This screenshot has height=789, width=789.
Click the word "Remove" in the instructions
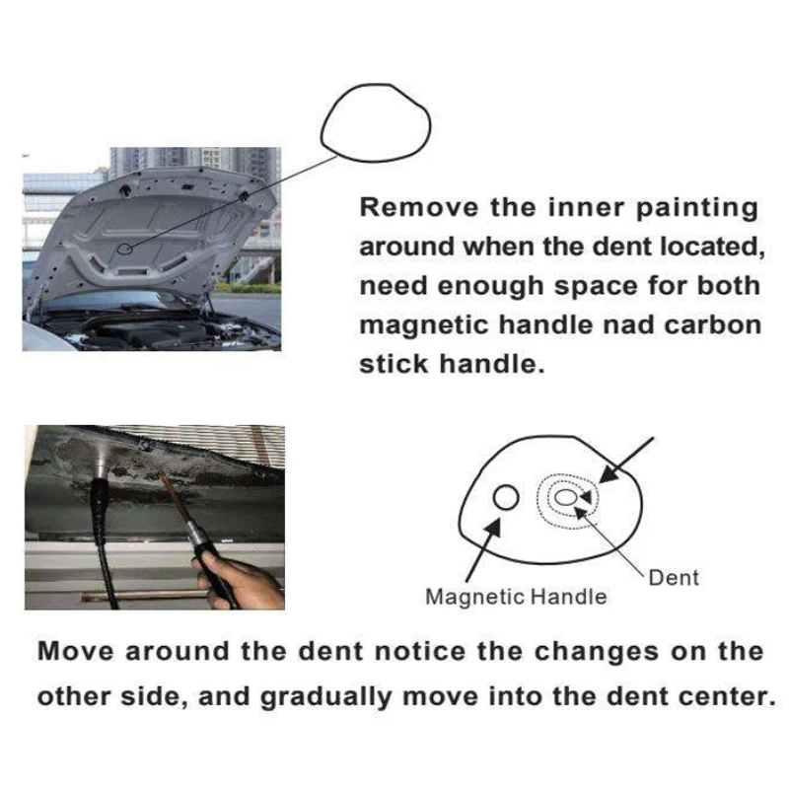(419, 207)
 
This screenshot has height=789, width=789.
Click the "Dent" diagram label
(674, 578)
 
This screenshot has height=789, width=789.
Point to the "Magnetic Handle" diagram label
(516, 598)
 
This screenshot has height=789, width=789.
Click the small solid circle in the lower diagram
(506, 497)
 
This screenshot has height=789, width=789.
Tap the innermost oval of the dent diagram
(565, 498)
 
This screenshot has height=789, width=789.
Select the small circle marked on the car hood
(124, 249)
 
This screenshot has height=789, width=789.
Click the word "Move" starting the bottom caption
(76, 651)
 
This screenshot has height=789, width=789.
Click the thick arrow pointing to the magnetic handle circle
(483, 549)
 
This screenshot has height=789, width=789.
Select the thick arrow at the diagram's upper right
(626, 461)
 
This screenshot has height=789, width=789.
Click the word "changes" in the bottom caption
(597, 653)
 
